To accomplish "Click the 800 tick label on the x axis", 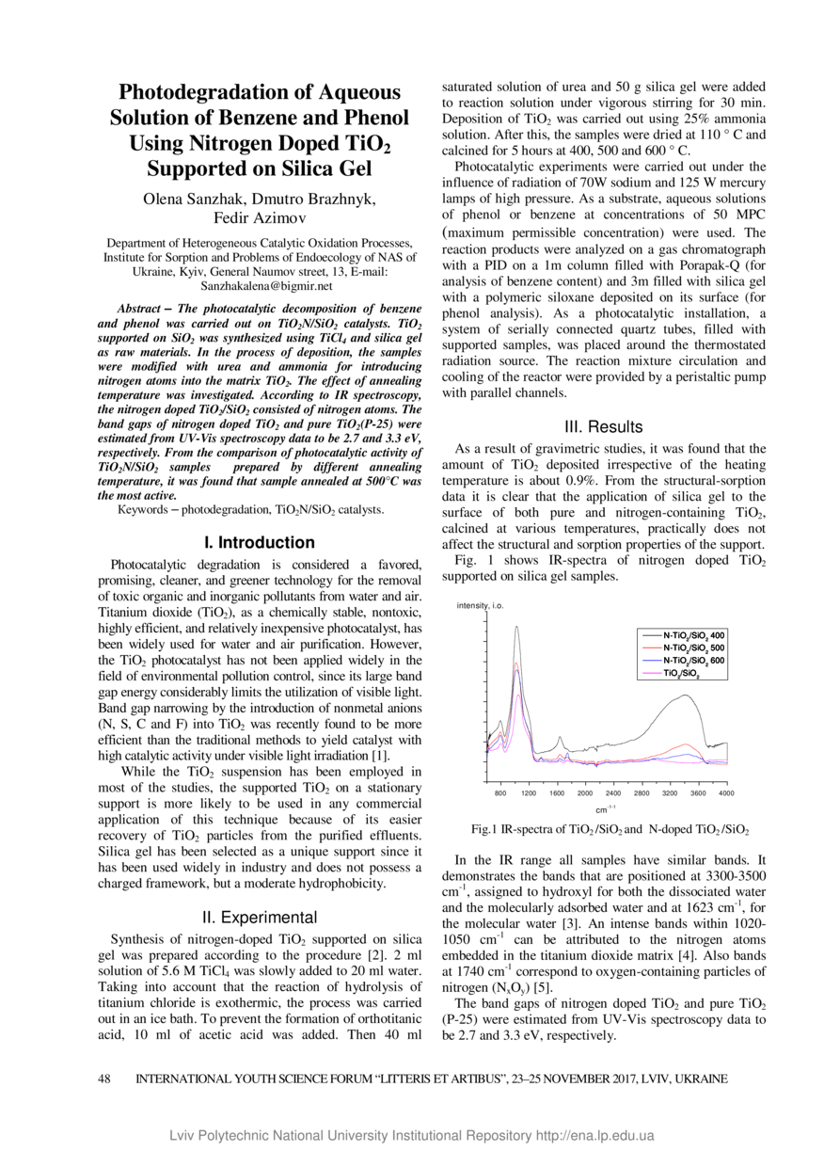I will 500,793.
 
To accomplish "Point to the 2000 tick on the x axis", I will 585,793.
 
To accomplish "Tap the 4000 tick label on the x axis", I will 726,793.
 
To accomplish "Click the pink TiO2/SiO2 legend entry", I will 681,674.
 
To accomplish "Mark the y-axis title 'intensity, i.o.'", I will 481,605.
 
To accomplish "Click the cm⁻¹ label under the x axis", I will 606,808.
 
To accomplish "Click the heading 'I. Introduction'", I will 260,542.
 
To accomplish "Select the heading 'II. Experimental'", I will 260,917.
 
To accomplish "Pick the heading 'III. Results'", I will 603,426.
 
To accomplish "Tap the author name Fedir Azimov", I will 260,218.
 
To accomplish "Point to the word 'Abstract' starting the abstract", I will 142,309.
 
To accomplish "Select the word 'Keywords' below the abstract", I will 145,509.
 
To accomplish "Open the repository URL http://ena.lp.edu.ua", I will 594,1136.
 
